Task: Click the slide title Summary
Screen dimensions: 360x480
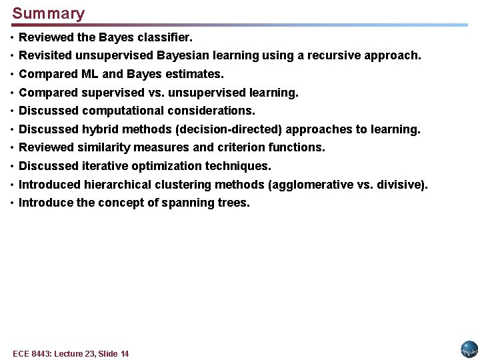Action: point(49,13)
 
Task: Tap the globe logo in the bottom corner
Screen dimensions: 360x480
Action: point(469,349)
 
